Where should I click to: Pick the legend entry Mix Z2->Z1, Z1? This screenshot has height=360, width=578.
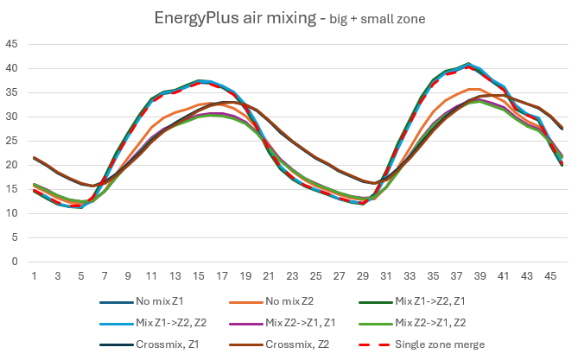[302, 321]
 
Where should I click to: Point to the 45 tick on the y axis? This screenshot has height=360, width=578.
[12, 44]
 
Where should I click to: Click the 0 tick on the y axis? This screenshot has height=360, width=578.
[16, 261]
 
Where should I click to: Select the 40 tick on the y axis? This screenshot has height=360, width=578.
[12, 68]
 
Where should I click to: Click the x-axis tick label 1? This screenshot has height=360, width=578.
[34, 275]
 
